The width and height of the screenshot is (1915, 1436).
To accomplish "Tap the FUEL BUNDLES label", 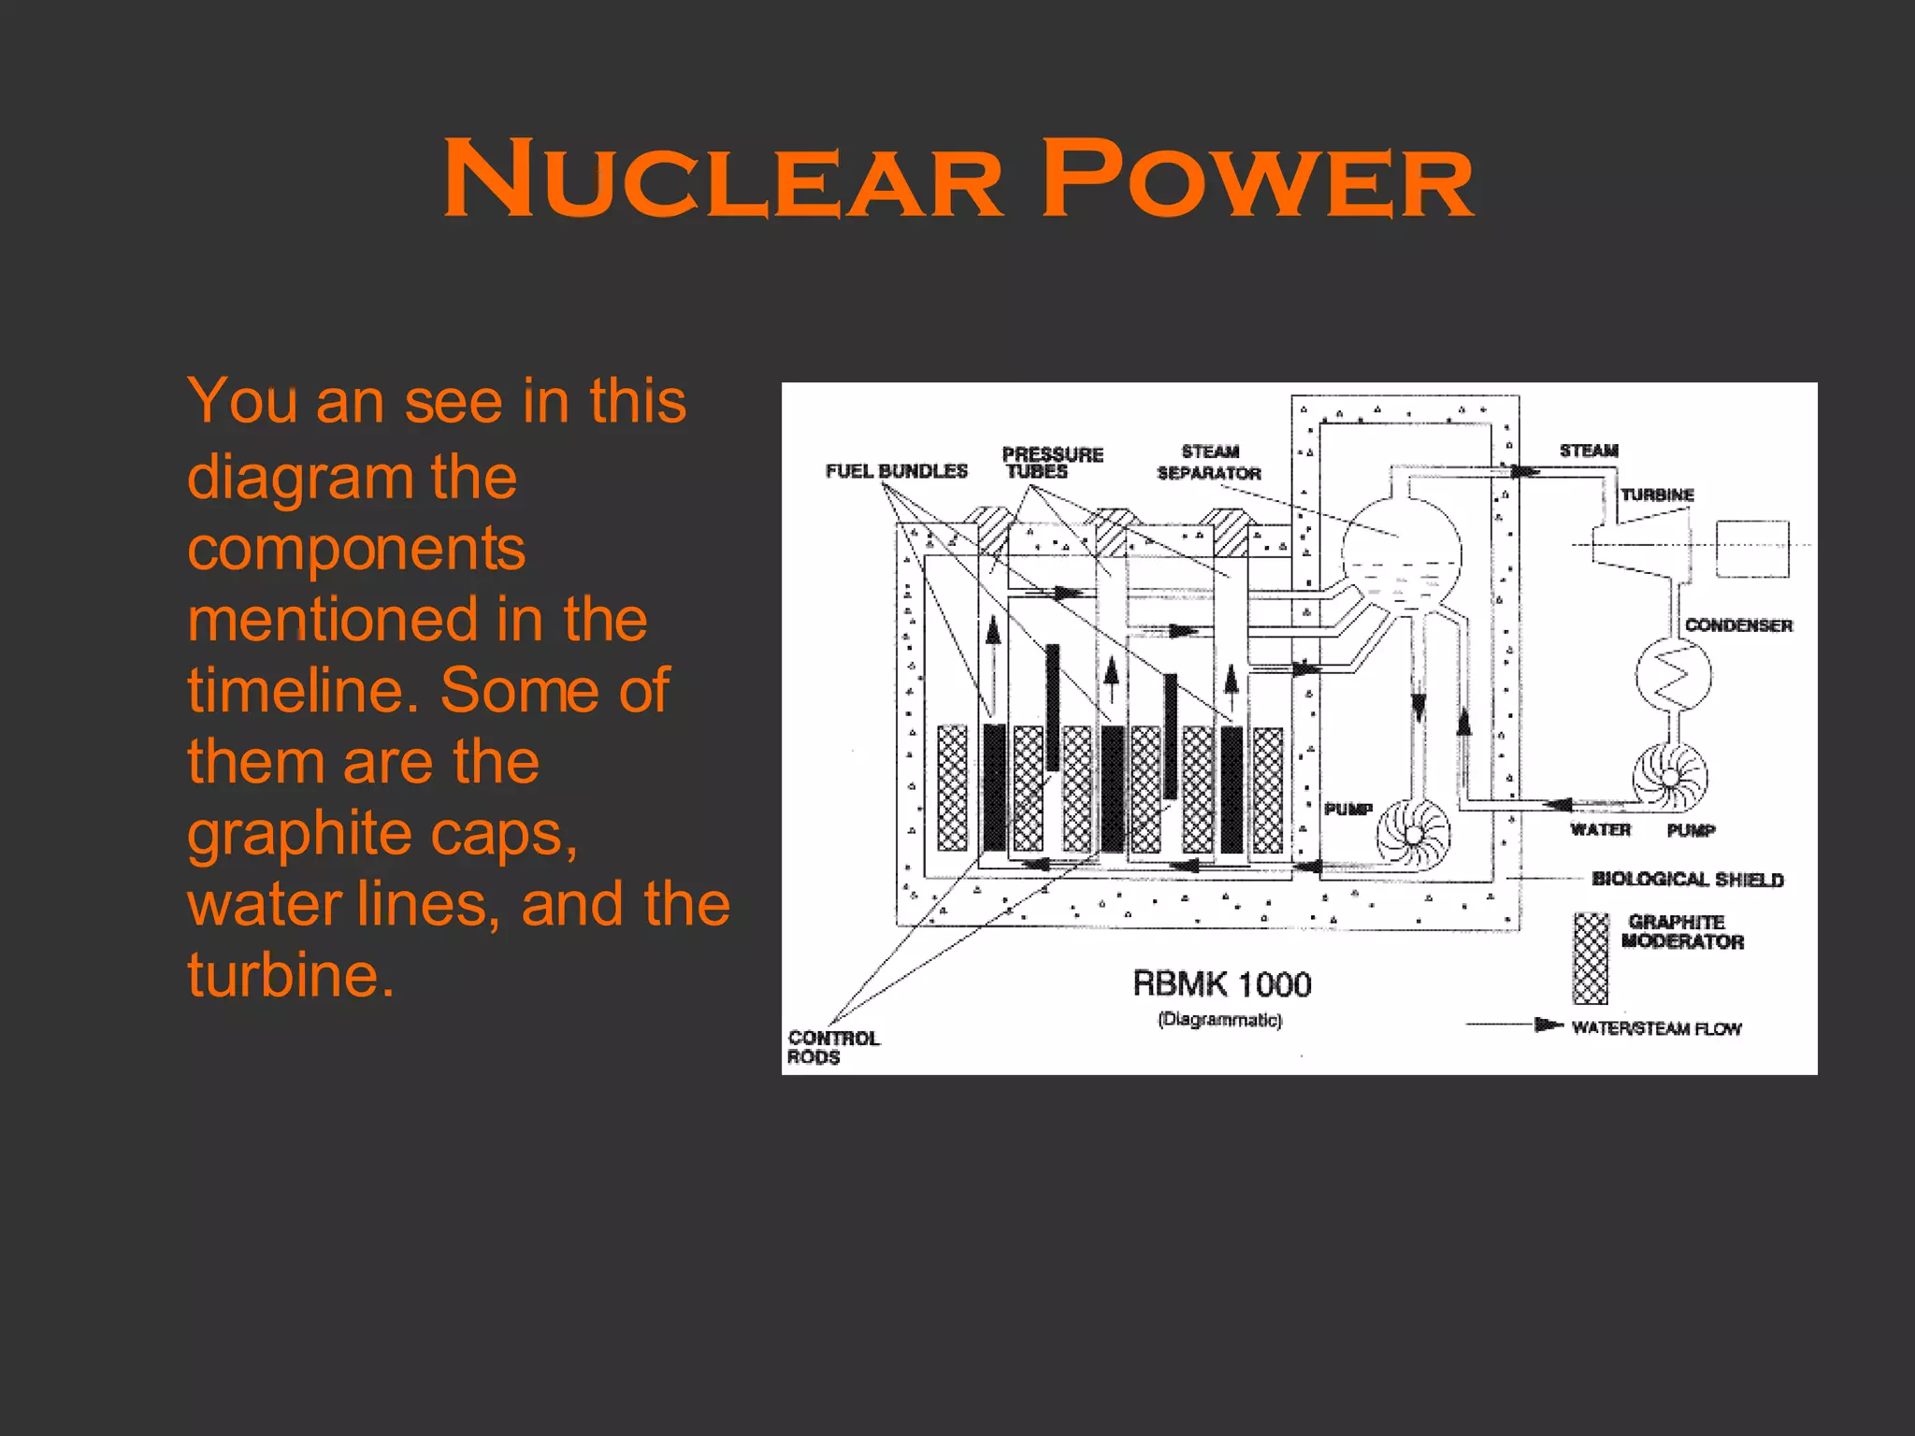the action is coord(896,471).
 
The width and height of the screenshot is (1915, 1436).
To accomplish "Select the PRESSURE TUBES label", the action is coord(1052,463).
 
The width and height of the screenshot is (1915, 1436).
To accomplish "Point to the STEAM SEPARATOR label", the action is coord(1209,463).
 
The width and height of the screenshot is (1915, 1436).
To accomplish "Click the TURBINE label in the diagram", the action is coord(1657,495).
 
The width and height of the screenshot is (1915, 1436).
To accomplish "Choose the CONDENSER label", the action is coord(1738,625).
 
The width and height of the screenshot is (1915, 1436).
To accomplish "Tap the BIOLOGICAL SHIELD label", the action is coord(1688,879).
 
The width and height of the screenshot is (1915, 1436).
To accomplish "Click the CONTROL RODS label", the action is coord(833,1047).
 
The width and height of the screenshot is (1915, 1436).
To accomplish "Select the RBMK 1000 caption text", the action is coord(1221,984).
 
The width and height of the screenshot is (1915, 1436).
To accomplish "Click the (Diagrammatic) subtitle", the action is coord(1219,1020).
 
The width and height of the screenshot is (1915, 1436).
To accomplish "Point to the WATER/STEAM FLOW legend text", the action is coord(1656,1028).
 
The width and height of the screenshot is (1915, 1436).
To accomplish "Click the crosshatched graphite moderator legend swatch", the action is coord(1591,958).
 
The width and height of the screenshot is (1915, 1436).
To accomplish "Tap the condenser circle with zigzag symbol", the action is coord(1674,674).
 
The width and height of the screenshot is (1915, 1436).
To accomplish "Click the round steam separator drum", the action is coord(1402,555).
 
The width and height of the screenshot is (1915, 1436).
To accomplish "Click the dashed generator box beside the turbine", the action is coord(1752,550).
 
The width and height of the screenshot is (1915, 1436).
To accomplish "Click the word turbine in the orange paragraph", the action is coord(291,974).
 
